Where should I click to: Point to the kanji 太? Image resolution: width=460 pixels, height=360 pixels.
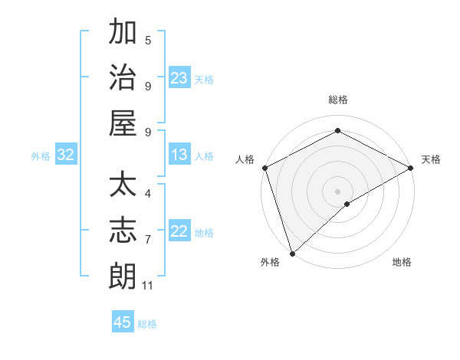pos(123,187)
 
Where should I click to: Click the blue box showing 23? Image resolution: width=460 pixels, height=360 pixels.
pos(179,77)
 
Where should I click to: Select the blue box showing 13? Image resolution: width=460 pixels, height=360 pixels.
pos(179,155)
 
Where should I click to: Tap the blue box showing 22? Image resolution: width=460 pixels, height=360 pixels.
pos(179,231)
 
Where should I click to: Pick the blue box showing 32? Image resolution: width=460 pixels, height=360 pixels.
pos(66,155)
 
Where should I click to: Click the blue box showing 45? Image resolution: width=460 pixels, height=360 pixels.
pos(123,322)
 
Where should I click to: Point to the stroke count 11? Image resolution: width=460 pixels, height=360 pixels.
pos(148,286)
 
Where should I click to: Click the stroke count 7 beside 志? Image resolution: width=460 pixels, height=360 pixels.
pos(148,240)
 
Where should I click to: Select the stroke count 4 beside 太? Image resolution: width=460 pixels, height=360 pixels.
pos(148,194)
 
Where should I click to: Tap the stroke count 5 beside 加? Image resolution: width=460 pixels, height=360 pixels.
pos(148,41)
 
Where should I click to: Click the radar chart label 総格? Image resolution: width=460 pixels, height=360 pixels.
pos(337,100)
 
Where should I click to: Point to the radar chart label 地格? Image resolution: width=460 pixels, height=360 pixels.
pos(402,263)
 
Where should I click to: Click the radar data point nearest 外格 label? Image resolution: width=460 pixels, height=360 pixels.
pos(291,253)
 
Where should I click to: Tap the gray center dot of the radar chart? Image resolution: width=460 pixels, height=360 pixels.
pos(337,191)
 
